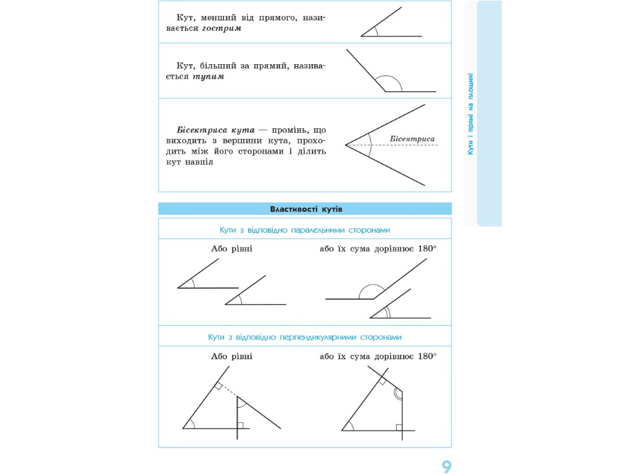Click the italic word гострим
coord(222,28)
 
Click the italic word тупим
coord(208,77)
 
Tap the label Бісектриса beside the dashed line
coord(412,139)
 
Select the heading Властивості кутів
coord(306,209)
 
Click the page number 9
coord(446,467)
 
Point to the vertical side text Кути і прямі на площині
coord(470,114)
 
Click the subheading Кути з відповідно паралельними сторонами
coord(305,230)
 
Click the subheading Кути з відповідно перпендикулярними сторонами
coord(305,338)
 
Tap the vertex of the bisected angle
coord(346,145)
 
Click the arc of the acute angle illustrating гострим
coord(376,31)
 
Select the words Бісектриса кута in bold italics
coord(215,130)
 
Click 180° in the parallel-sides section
coord(427,249)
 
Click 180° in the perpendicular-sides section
coord(427,356)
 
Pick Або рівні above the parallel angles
coord(232,249)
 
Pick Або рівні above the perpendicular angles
coord(232,356)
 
